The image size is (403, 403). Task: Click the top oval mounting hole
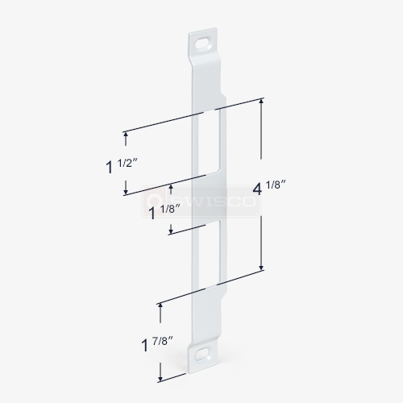203,44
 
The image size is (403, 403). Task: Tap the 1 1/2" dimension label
118,165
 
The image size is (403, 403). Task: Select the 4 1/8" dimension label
267,188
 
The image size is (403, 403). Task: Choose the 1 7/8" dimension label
156,344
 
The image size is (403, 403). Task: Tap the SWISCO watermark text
209,201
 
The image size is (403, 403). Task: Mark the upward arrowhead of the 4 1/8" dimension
261,102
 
